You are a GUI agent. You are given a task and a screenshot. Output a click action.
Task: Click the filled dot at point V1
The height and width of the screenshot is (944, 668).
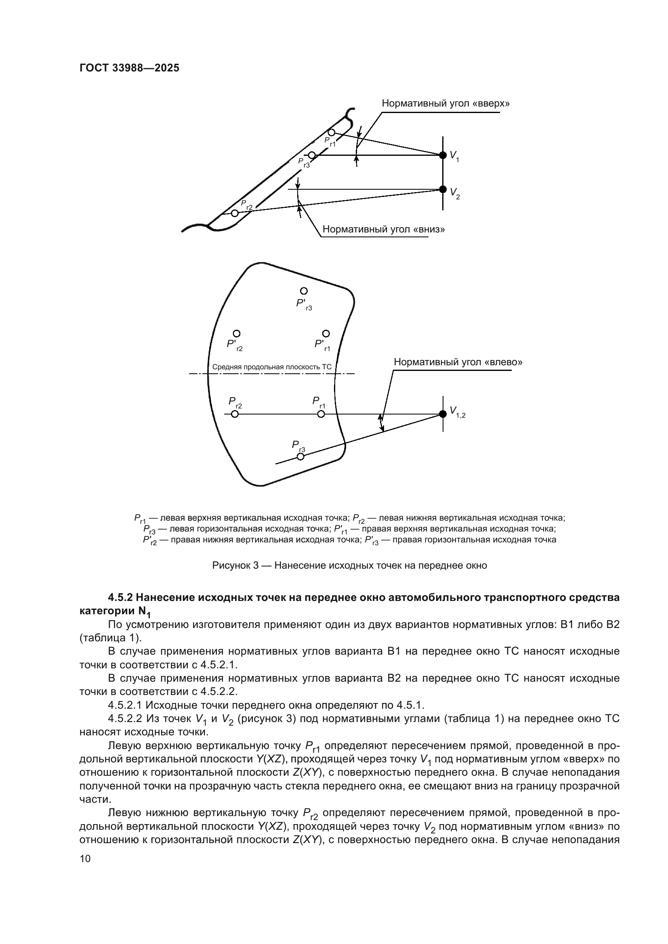(443, 155)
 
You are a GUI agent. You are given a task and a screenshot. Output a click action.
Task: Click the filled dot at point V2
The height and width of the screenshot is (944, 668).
(443, 189)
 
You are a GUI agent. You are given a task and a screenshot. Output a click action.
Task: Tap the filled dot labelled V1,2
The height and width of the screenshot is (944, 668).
(443, 414)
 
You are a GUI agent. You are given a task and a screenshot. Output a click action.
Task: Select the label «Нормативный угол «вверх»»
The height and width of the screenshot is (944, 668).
(445, 103)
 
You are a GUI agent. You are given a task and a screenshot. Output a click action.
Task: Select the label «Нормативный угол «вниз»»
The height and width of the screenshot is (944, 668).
(383, 229)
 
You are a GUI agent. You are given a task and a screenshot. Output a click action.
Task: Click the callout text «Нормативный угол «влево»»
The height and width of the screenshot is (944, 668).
(458, 362)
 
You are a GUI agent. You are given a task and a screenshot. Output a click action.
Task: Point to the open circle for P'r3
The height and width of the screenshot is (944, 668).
(304, 291)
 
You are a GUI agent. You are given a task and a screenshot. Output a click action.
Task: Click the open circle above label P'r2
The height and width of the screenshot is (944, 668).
(237, 333)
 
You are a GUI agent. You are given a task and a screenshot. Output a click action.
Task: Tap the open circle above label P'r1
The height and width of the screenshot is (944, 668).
(326, 333)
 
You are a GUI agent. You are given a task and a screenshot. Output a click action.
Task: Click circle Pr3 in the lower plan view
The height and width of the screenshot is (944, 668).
(301, 456)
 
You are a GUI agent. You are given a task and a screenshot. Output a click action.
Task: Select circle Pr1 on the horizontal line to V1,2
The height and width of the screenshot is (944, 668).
(321, 414)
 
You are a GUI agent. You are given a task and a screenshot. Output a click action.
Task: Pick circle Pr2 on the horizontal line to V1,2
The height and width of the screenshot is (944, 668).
(235, 414)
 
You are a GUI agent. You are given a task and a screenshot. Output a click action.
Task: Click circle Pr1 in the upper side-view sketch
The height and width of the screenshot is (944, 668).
(332, 132)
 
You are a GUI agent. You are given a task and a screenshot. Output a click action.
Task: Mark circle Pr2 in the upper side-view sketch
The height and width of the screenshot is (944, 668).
(235, 213)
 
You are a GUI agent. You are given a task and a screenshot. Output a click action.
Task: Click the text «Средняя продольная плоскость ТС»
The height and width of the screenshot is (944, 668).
(271, 367)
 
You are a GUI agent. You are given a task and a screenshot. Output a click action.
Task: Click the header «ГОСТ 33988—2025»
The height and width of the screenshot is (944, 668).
(129, 68)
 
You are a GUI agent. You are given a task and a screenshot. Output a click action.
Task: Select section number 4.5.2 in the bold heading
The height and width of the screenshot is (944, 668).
(121, 597)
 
